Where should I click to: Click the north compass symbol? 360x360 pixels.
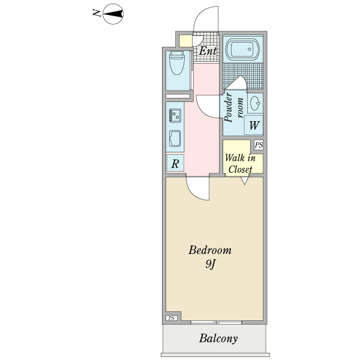point(113,13)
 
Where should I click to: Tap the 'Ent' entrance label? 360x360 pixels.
point(208,51)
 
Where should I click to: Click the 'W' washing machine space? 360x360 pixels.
point(254,126)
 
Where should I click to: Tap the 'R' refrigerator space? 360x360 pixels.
point(176,163)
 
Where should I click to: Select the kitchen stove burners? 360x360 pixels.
point(176,114)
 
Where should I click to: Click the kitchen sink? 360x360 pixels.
point(176,139)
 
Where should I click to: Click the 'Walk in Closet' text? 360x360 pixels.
point(240,164)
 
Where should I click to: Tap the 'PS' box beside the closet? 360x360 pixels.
point(259,145)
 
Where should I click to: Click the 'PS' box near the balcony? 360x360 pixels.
point(172,318)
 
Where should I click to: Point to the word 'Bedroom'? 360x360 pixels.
point(209,250)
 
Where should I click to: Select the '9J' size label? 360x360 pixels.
point(209,265)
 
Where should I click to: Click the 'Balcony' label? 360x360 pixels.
point(218,338)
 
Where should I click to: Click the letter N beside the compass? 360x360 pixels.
point(97,13)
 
